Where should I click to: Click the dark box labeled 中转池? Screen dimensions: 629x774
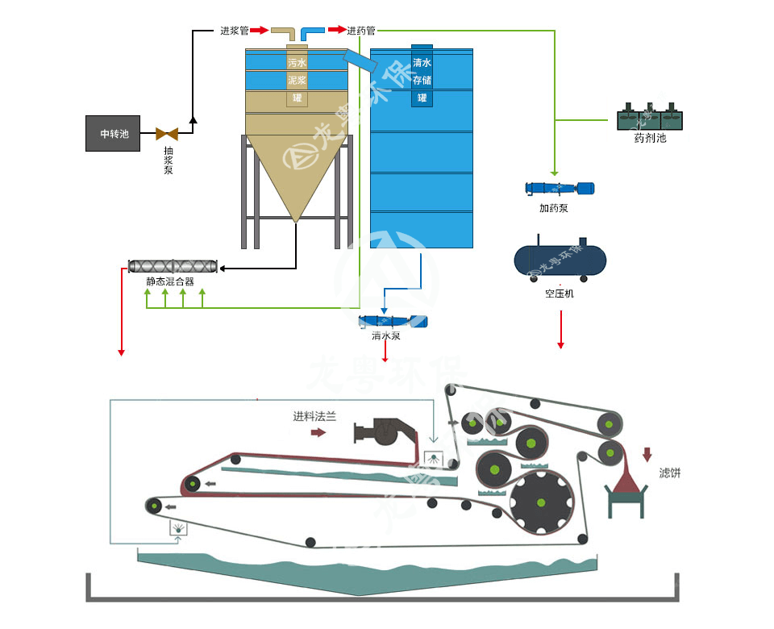114,133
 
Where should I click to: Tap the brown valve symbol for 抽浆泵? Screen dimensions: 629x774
168,134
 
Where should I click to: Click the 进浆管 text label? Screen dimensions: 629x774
234,31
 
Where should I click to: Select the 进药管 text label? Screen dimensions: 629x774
361,31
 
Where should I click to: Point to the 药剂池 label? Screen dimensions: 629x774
650,138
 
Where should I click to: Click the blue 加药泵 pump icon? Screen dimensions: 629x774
560,189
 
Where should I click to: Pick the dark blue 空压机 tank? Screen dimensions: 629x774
560,258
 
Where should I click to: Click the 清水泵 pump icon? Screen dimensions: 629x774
393,321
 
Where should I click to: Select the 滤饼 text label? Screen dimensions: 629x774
669,473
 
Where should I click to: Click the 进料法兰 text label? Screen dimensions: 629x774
314,417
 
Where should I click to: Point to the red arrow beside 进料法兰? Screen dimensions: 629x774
318,433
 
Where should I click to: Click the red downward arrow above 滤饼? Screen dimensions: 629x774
647,455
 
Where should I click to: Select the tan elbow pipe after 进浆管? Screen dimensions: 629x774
285,34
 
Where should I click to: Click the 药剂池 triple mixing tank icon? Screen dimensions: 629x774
650,117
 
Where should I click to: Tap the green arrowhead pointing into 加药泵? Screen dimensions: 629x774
554,173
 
